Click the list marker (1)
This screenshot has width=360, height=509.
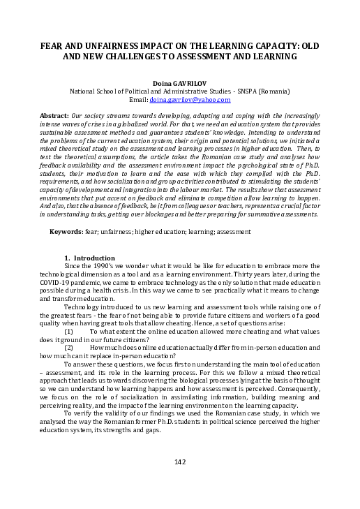point(69,332)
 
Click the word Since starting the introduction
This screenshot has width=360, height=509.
point(73,266)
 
